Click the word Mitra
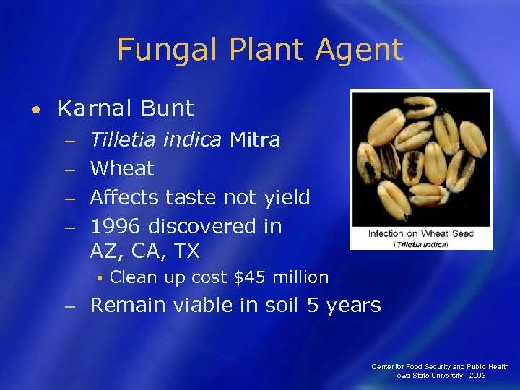pos(255,139)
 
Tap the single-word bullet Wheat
pos(122,169)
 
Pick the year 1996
pos(116,226)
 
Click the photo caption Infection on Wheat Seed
pos(421,233)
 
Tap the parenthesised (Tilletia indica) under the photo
pos(421,244)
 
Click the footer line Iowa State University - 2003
pos(440,376)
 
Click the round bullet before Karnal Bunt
pos(35,110)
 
